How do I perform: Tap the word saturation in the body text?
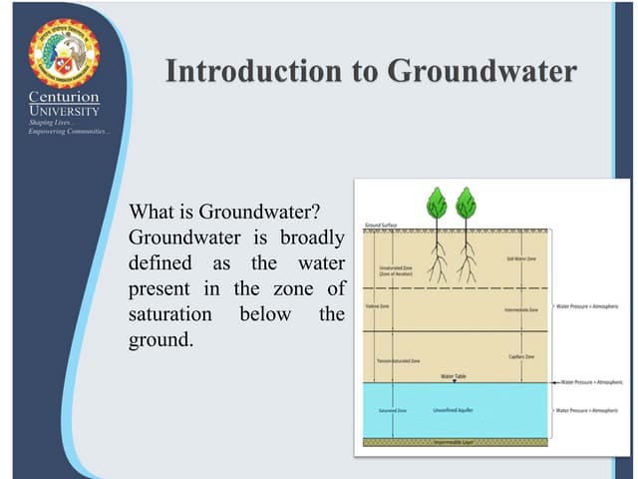[170, 314]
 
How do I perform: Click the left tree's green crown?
[436, 204]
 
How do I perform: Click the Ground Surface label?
[381, 226]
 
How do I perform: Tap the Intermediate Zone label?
[520, 310]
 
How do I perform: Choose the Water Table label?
[454, 376]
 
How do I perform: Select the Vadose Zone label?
[378, 306]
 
